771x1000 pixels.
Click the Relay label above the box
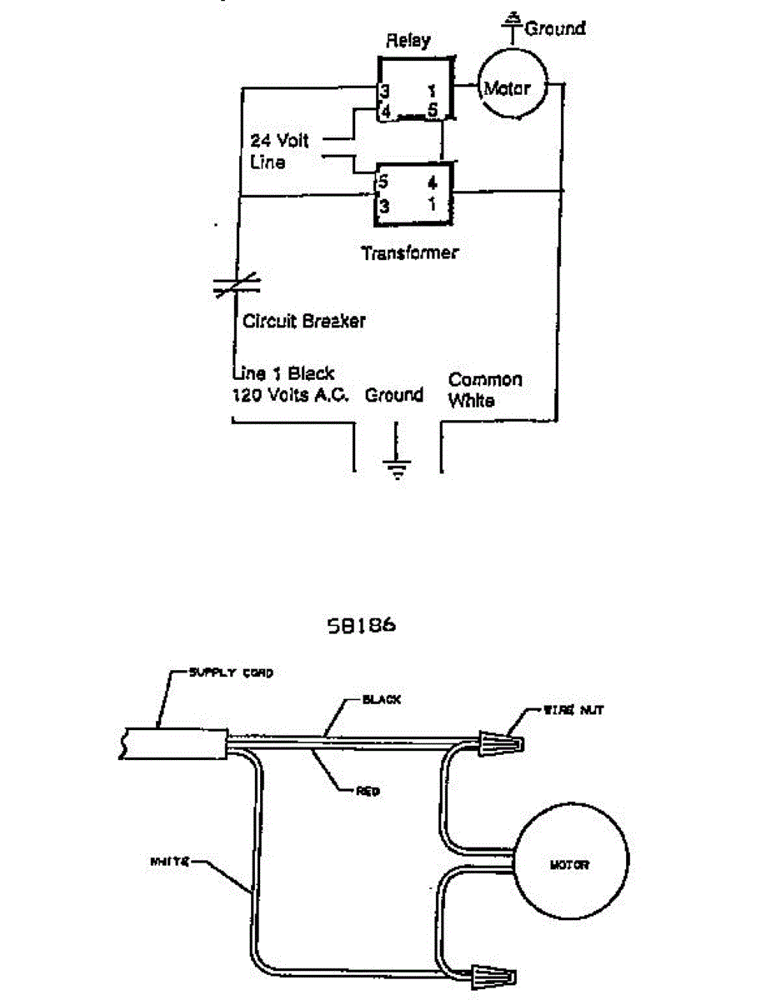click(408, 41)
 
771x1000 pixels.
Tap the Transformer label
click(409, 252)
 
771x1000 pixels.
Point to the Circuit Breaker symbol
click(238, 287)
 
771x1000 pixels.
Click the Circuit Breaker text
click(303, 321)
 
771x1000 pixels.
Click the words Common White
click(485, 390)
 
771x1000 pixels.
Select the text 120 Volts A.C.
click(293, 395)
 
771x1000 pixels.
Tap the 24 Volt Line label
click(278, 151)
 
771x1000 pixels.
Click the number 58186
click(362, 625)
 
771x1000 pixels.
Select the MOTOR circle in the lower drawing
click(569, 865)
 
